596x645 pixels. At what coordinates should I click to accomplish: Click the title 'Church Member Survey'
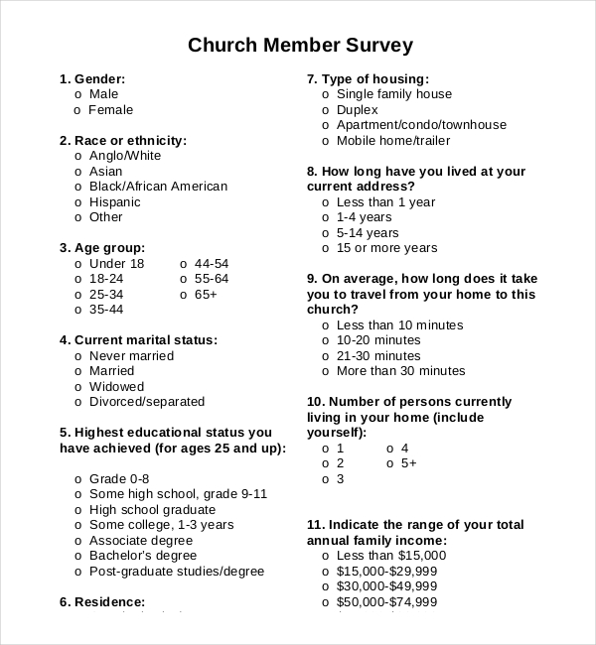pyautogui.click(x=300, y=46)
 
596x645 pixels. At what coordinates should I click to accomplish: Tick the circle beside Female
pyautogui.click(x=78, y=110)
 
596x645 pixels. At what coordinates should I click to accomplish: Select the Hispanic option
pyautogui.click(x=78, y=202)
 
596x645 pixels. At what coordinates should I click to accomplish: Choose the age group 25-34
pyautogui.click(x=78, y=295)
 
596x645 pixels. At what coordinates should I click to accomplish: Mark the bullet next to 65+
pyautogui.click(x=184, y=295)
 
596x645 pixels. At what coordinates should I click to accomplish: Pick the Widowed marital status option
pyautogui.click(x=78, y=387)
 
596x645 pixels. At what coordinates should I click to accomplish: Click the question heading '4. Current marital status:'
pyautogui.click(x=138, y=340)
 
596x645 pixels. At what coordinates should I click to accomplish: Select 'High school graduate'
pyautogui.click(x=78, y=510)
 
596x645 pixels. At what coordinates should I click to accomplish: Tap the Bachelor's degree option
pyautogui.click(x=78, y=556)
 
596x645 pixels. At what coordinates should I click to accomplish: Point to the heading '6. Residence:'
pyautogui.click(x=102, y=601)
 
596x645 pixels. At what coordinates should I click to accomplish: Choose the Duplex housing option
pyautogui.click(x=326, y=110)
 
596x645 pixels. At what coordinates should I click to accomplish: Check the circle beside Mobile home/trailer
pyautogui.click(x=326, y=141)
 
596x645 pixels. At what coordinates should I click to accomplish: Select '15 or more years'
pyautogui.click(x=326, y=248)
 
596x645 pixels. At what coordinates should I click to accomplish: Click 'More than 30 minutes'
pyautogui.click(x=326, y=371)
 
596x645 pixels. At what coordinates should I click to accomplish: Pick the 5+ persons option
pyautogui.click(x=389, y=463)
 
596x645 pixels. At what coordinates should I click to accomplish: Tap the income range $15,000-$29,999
pyautogui.click(x=326, y=572)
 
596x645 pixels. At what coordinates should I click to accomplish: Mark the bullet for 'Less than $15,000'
pyautogui.click(x=326, y=556)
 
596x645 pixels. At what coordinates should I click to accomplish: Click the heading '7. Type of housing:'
pyautogui.click(x=368, y=79)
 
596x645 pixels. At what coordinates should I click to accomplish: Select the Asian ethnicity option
pyautogui.click(x=78, y=172)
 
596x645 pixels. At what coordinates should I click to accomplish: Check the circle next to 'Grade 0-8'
pyautogui.click(x=78, y=479)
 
